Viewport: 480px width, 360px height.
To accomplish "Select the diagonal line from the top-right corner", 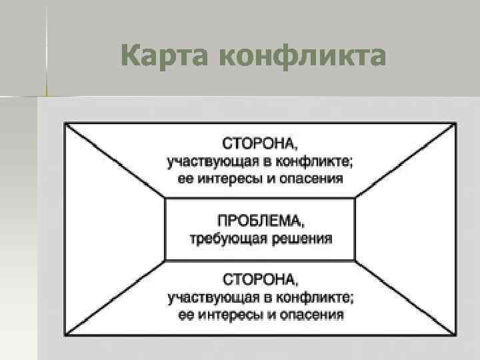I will tap(406, 159).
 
